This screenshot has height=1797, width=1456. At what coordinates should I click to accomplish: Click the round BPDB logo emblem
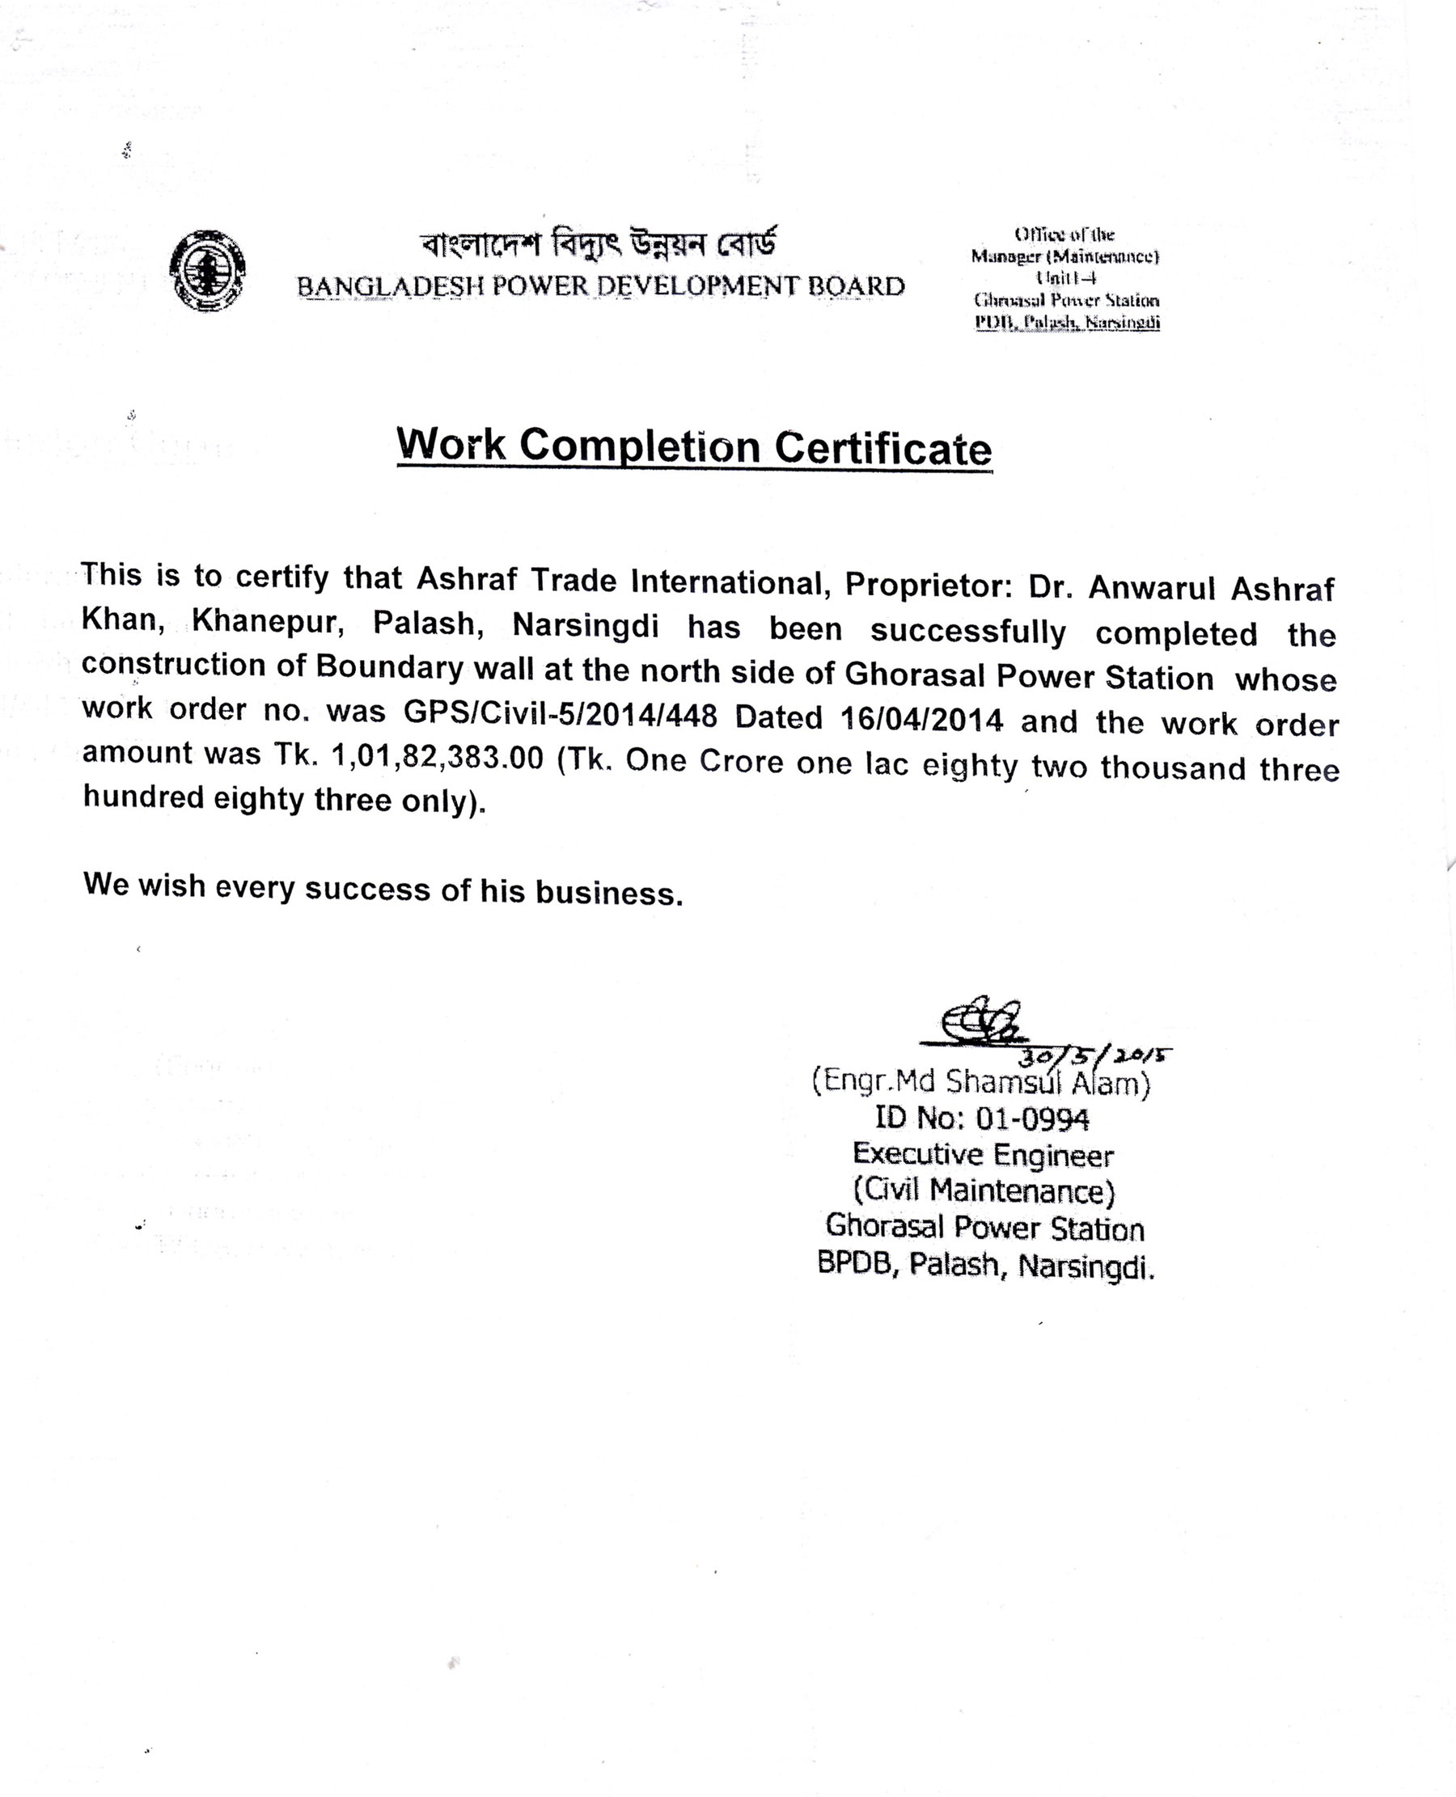pos(207,271)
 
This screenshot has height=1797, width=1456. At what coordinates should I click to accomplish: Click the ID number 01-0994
pos(1032,1118)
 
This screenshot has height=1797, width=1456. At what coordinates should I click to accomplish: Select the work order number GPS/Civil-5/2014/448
pos(561,714)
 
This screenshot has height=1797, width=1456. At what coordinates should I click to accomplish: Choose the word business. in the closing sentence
pos(610,893)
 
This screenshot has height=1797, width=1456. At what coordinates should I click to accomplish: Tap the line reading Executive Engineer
pos(983,1155)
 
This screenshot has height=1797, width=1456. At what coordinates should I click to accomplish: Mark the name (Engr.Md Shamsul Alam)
pos(980,1083)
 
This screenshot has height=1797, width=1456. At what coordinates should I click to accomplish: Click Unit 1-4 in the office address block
pos(1066,277)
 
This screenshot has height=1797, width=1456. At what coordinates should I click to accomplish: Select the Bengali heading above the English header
pos(599,245)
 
